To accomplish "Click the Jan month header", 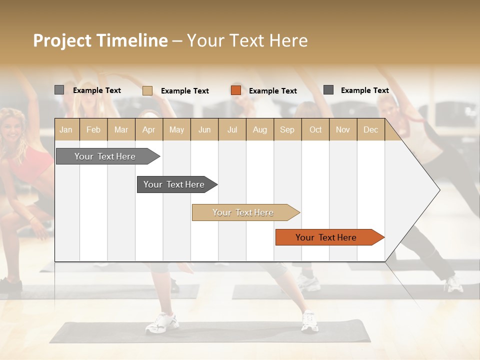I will pyautogui.click(x=66, y=130).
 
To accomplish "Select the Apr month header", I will pyautogui.click(x=149, y=130).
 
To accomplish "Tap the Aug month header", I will pyautogui.click(x=259, y=130).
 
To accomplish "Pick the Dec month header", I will pyautogui.click(x=370, y=130).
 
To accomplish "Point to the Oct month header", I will pyautogui.click(x=315, y=130).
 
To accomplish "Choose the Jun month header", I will pyautogui.click(x=204, y=130).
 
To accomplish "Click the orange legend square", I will pyautogui.click(x=236, y=90).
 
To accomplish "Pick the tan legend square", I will pyautogui.click(x=147, y=90).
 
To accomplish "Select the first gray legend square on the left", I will pyautogui.click(x=59, y=90).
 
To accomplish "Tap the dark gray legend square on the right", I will pyautogui.click(x=328, y=90).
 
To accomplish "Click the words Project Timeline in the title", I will pyautogui.click(x=100, y=40).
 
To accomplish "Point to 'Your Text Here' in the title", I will pyautogui.click(x=247, y=40).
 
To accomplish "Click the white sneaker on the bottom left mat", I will pyautogui.click(x=161, y=322).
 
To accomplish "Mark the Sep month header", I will pyautogui.click(x=287, y=130).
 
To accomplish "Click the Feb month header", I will pyautogui.click(x=93, y=130).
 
